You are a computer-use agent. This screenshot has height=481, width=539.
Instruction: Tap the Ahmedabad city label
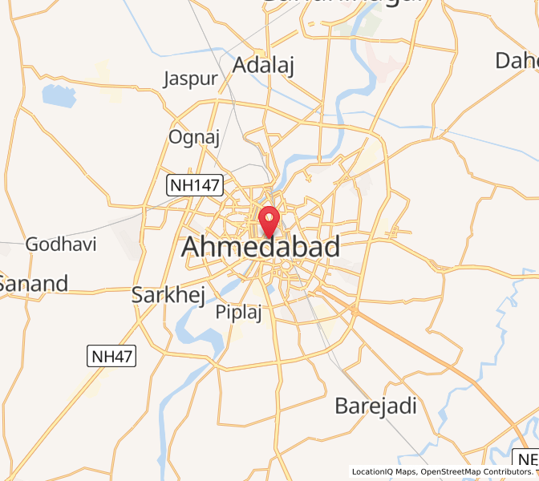261,248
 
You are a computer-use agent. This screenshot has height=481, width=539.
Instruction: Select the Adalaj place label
263,66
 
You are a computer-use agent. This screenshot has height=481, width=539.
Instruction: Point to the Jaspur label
190,79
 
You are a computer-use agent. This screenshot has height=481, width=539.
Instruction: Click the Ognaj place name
194,137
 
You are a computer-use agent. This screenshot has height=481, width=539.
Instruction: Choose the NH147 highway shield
193,185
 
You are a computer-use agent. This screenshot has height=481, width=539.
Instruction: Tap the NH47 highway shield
111,356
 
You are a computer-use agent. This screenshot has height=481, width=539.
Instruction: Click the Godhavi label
61,244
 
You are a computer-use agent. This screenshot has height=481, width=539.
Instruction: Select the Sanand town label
33,283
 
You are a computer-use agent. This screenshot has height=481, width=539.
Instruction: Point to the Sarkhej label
168,294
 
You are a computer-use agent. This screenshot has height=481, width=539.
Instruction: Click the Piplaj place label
239,313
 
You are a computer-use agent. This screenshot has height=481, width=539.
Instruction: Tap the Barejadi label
375,406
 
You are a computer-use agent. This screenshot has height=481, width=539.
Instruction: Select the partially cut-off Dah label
517,60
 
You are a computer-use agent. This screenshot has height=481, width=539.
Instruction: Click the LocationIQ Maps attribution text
383,472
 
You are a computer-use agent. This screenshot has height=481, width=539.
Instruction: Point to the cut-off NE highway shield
527,460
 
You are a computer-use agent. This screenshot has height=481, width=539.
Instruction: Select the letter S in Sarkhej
138,294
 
